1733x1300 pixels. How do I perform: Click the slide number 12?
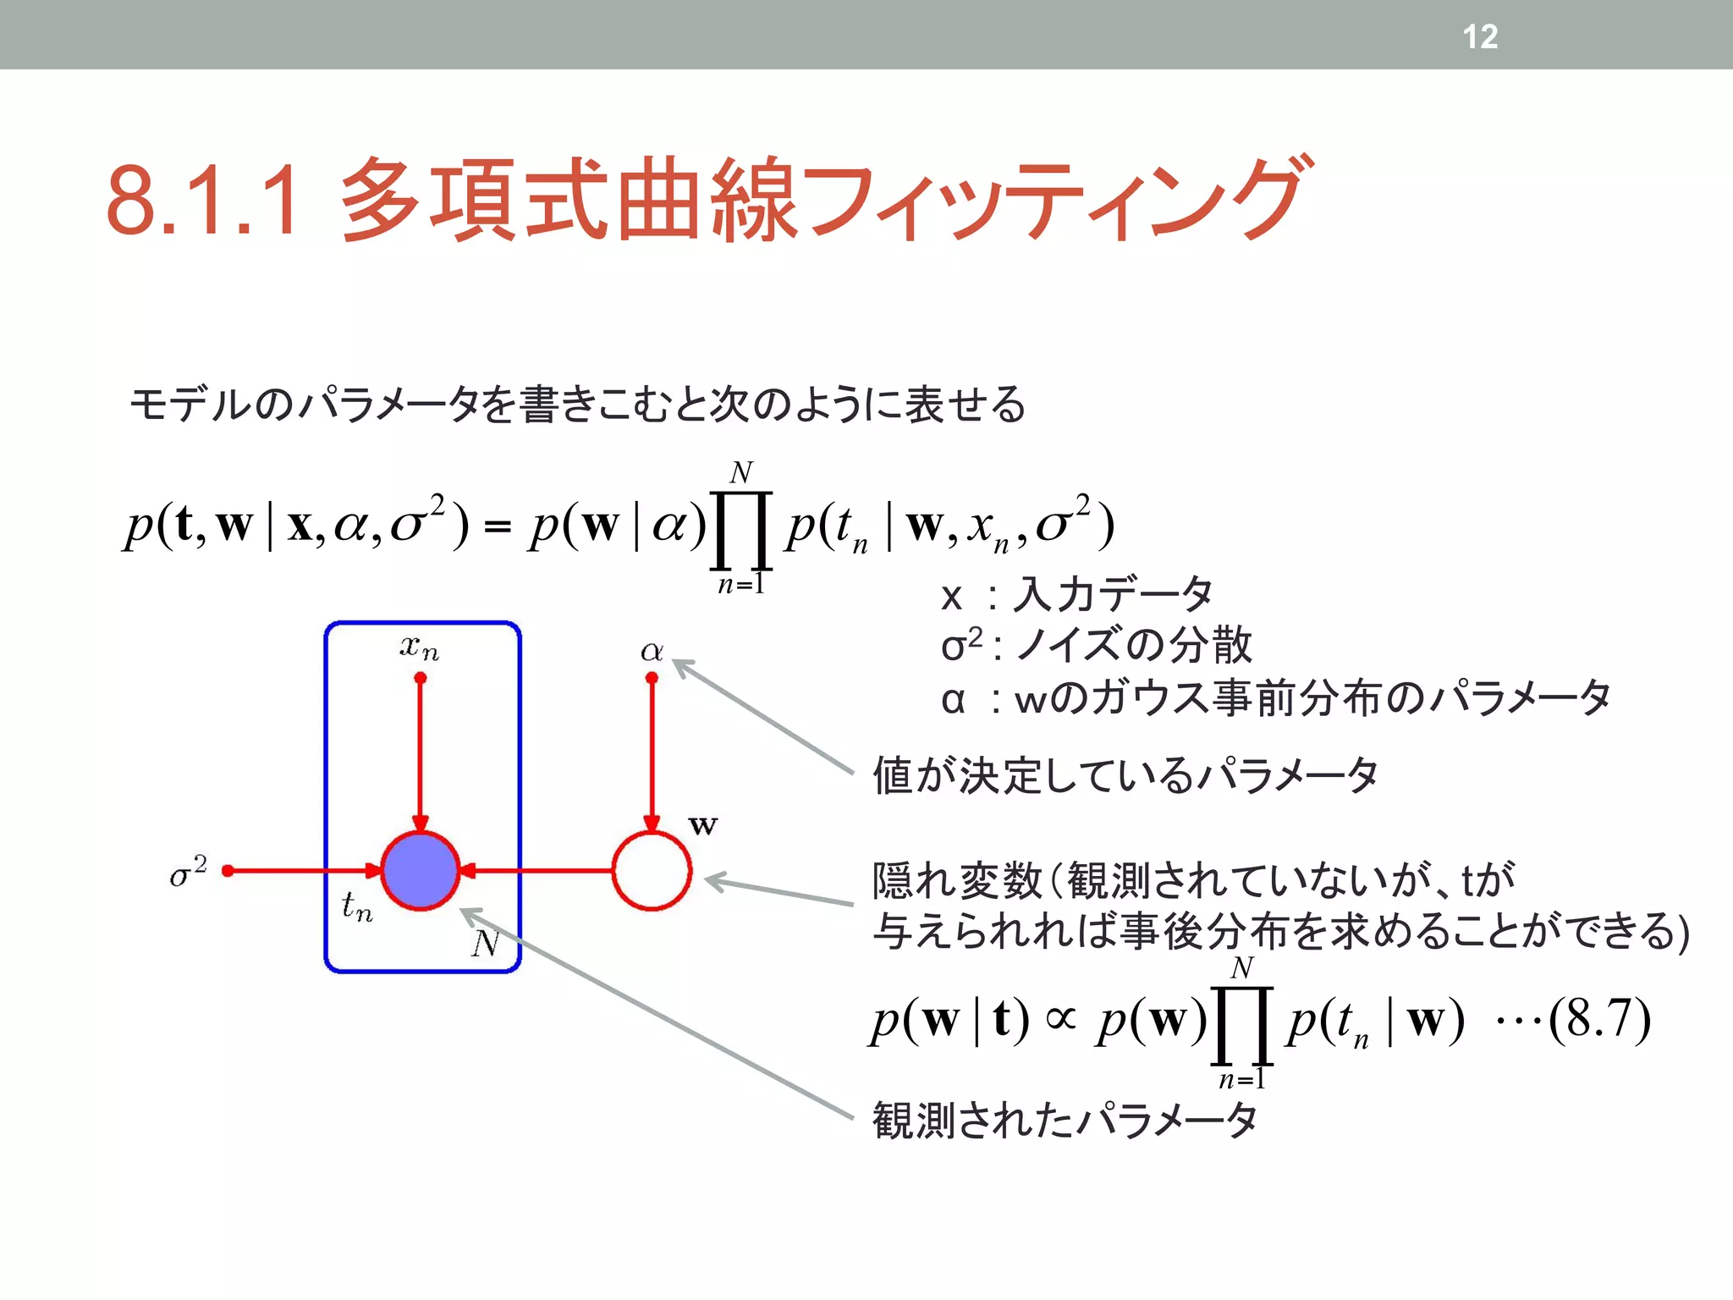coord(1480,36)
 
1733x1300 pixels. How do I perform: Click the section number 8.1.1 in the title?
coord(203,200)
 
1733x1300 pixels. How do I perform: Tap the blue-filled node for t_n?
coord(421,870)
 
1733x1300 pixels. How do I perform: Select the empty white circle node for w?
coord(652,870)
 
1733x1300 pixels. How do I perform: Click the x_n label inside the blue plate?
coord(420,648)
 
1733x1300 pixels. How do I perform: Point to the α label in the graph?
coord(652,651)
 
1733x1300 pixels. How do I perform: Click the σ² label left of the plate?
coord(188,871)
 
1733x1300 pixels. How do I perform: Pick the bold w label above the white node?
coord(703,824)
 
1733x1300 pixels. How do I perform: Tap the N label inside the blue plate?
coord(485,942)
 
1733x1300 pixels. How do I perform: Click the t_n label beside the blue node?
coord(356,906)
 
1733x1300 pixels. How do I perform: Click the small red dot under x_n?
coord(421,678)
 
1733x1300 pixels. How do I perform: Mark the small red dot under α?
coord(652,678)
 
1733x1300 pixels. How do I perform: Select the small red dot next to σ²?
coord(227,870)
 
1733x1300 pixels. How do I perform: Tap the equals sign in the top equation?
coord(498,526)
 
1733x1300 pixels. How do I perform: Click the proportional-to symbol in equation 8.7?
coord(1061,1018)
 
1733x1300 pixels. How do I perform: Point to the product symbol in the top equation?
coord(741,529)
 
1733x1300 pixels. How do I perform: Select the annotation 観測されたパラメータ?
coord(1065,1121)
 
